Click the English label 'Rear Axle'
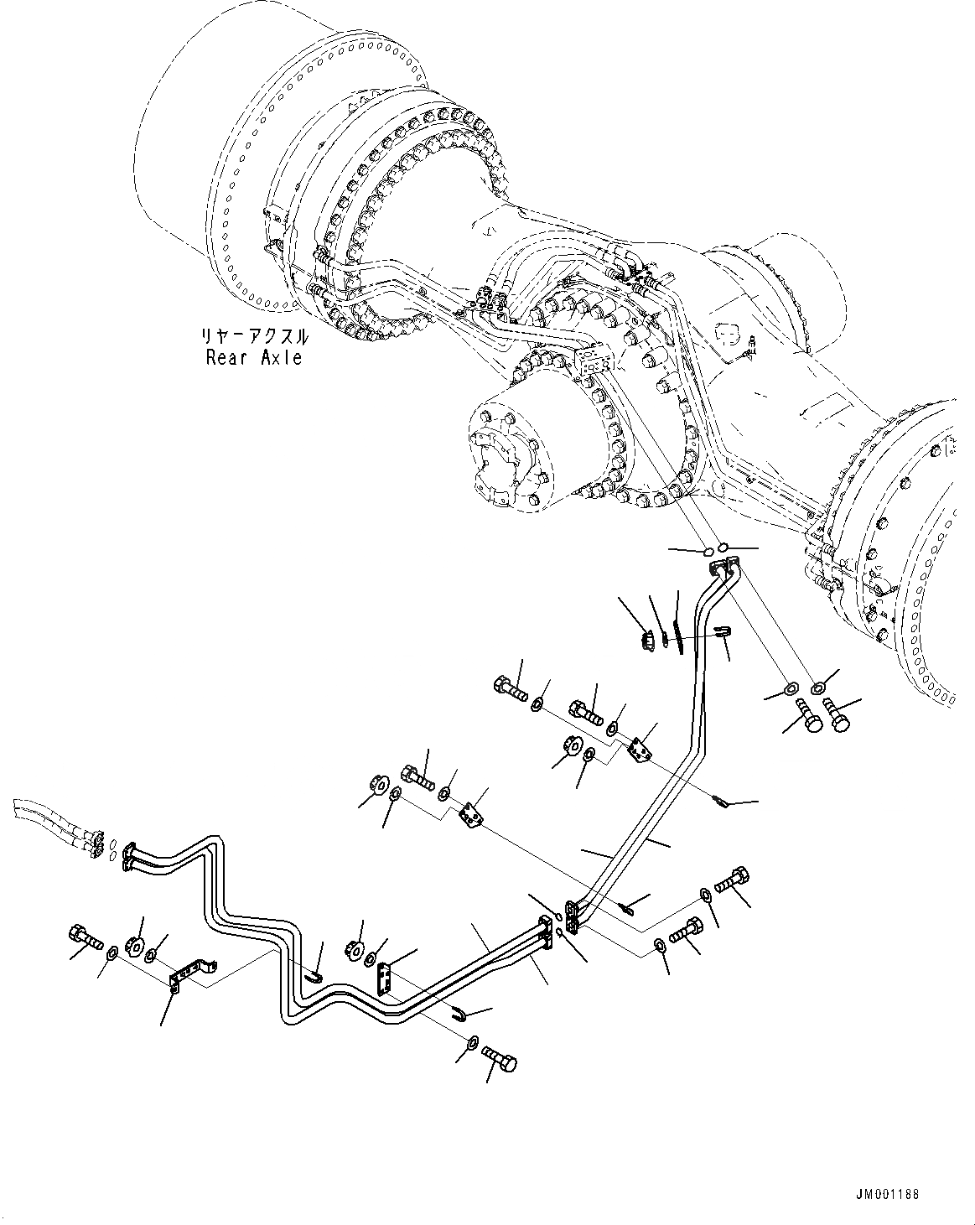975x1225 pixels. pos(253,358)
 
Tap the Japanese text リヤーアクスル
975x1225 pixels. pos(253,337)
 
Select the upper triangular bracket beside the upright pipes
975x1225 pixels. pos(643,748)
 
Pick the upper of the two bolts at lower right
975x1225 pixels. pos(733,881)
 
